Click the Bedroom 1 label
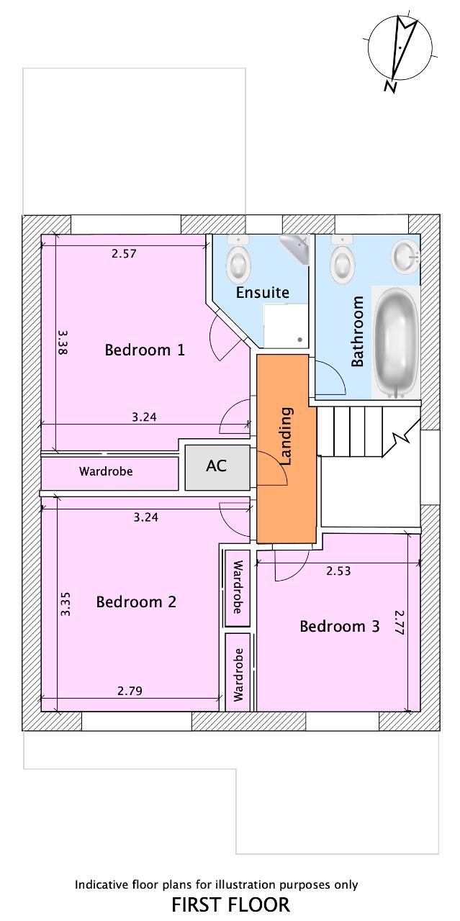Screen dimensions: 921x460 tap(145, 350)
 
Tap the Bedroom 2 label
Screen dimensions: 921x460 tap(136, 602)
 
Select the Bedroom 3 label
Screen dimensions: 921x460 tap(339, 627)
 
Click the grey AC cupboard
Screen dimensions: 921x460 tap(217, 466)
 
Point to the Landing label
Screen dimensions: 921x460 tap(286, 436)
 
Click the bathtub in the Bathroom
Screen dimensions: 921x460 tap(395, 341)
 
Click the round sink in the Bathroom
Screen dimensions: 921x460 tap(405, 255)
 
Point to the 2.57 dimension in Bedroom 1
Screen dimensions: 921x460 tap(124, 253)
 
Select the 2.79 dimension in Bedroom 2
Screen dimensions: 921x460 tap(130, 691)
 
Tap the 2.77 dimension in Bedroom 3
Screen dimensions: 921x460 tap(400, 623)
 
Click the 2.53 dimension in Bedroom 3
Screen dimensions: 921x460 tap(338, 571)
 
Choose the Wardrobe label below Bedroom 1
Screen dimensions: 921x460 tap(106, 472)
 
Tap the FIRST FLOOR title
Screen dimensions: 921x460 tap(230, 904)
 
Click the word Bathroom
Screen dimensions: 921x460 tap(358, 332)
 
